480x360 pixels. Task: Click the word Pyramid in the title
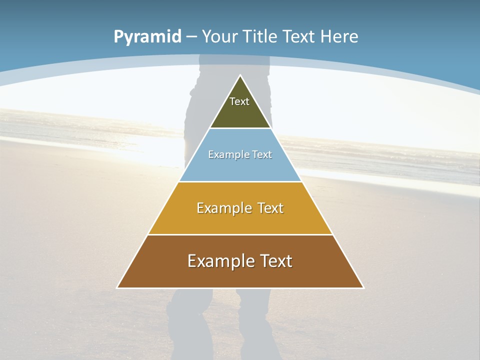[x=147, y=37]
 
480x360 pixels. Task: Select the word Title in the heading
[x=260, y=36]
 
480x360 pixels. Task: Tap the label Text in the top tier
[x=239, y=101]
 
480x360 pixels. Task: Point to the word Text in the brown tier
[x=276, y=261]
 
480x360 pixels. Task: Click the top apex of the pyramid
[x=240, y=76]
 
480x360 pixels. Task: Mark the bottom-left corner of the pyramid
[x=117, y=287]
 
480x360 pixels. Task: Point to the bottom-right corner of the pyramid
[x=363, y=287]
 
